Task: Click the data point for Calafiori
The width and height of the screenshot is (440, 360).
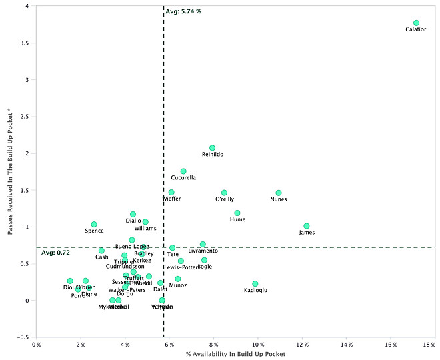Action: (416, 23)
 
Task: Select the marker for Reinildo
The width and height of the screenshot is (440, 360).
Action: (212, 148)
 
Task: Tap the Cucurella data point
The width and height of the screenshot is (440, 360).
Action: (183, 171)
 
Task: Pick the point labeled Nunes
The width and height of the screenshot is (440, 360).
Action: (279, 193)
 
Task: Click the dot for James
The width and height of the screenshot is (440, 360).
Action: (307, 226)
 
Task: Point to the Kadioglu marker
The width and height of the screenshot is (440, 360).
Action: (255, 284)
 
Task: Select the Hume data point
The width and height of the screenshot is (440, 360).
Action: (237, 213)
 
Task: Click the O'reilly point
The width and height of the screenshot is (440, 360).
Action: (225, 193)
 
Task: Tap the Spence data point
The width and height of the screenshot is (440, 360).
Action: (94, 225)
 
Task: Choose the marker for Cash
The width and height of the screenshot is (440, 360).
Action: (101, 251)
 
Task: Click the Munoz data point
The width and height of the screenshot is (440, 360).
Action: (178, 279)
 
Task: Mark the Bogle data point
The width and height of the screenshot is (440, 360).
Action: (204, 260)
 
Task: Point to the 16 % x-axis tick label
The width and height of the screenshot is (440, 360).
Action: (391, 345)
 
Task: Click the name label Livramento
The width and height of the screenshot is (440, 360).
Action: (203, 251)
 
